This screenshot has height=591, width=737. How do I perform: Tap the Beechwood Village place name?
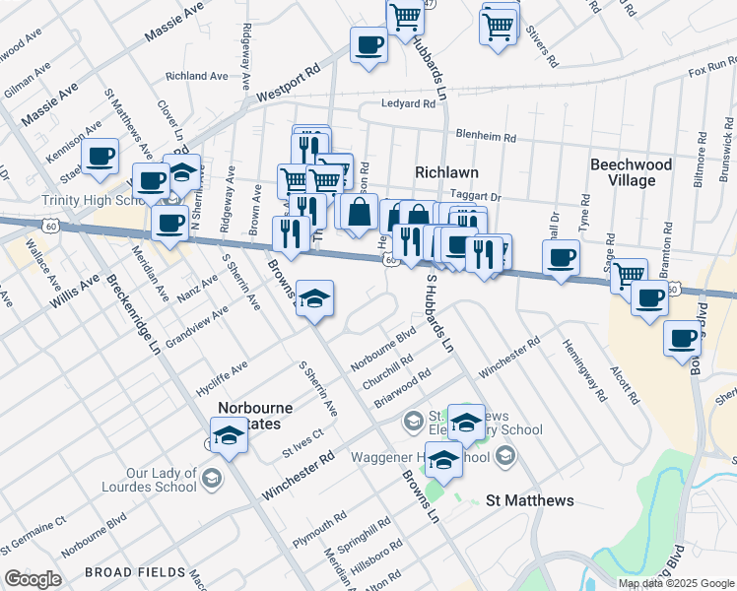click(631, 172)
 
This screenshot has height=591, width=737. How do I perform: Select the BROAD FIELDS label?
click(135, 572)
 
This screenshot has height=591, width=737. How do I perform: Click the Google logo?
click(33, 579)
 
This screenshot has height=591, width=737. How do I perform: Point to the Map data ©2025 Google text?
click(676, 583)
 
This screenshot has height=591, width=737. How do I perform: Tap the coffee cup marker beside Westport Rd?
click(369, 45)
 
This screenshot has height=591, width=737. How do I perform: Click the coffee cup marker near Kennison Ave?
click(100, 157)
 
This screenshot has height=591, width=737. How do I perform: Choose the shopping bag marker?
click(362, 210)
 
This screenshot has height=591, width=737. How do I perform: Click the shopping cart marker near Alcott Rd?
click(629, 275)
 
